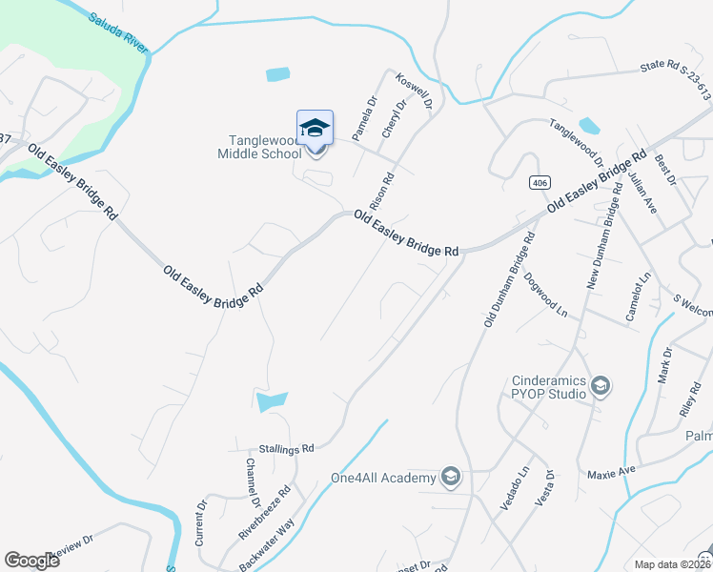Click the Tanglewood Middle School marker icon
coord(316,129)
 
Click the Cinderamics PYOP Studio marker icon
coord(601,386)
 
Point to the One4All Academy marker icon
coord(451,477)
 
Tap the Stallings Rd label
coord(286,448)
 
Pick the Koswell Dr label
coord(415,92)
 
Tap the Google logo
coord(31,561)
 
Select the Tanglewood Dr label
coord(577,143)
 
